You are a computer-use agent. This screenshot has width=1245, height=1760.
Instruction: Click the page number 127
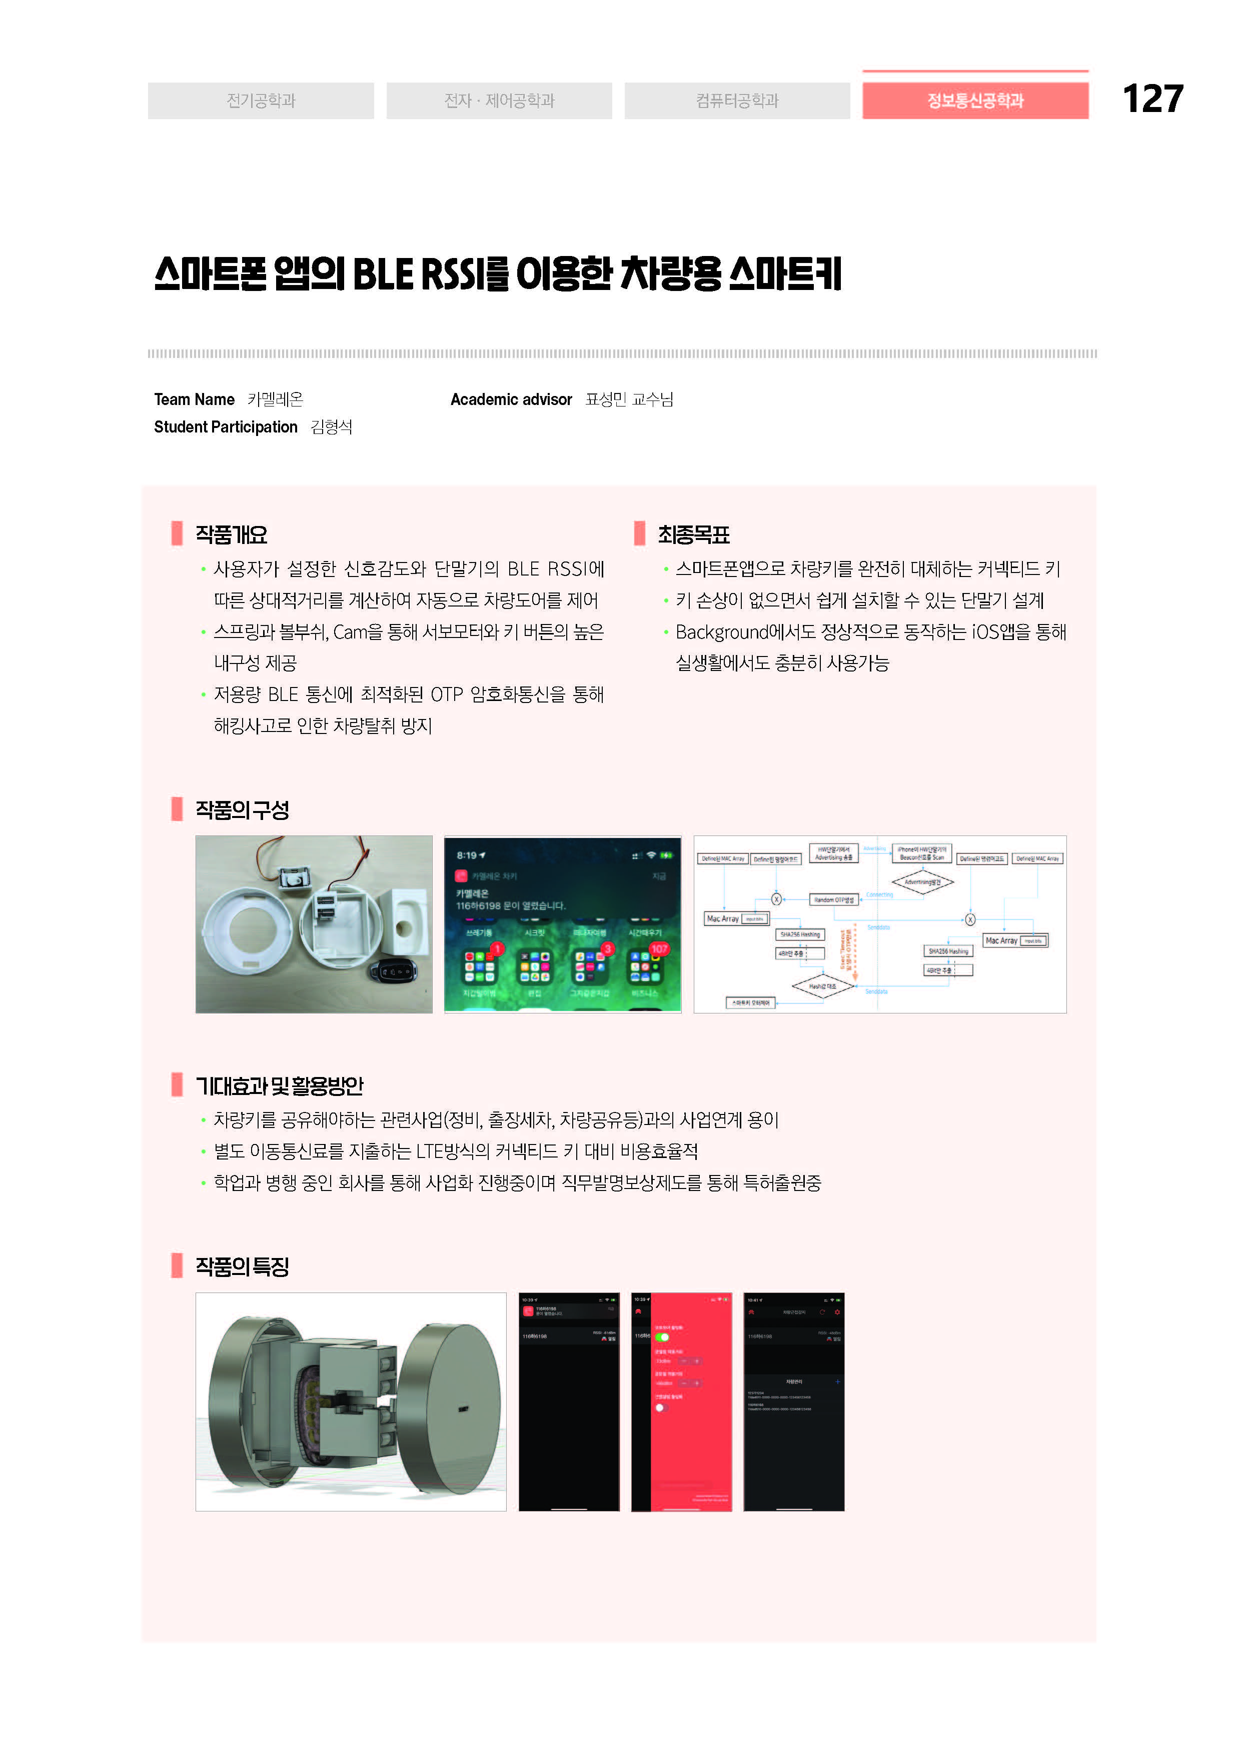(1152, 99)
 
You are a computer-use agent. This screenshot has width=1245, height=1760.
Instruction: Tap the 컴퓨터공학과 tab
(737, 100)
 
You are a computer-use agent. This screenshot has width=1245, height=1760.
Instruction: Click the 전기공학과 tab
(261, 100)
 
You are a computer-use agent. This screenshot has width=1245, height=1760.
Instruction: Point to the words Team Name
(194, 399)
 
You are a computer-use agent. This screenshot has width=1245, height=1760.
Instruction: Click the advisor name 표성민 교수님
(629, 399)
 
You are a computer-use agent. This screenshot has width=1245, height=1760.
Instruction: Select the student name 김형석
(331, 427)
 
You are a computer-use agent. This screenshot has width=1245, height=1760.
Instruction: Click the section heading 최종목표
(693, 534)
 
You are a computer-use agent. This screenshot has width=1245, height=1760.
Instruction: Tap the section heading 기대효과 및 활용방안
(279, 1085)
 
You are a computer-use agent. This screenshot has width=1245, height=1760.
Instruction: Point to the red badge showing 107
(659, 949)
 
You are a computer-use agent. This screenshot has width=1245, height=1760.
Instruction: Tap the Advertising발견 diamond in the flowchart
(922, 882)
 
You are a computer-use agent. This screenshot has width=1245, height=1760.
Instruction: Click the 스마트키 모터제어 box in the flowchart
(750, 1002)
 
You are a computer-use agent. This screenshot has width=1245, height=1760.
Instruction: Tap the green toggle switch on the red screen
(662, 1337)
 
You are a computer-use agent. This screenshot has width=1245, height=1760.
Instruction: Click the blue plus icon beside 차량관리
(837, 1381)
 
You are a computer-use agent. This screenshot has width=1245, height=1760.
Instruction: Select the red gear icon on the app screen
(837, 1312)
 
